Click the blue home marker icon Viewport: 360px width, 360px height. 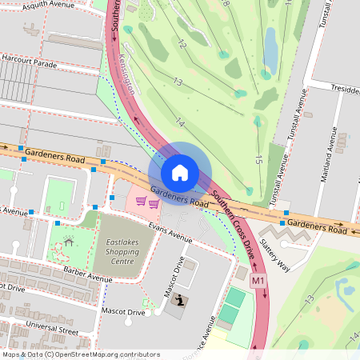click(x=180, y=172)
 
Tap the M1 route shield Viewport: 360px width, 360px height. click(x=258, y=282)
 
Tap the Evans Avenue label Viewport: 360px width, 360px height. click(x=170, y=232)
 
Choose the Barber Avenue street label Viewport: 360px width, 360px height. click(x=89, y=278)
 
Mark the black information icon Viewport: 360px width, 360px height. click(x=182, y=300)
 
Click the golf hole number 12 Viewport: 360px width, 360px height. click(x=182, y=45)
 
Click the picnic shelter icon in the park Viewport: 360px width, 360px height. click(x=69, y=239)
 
